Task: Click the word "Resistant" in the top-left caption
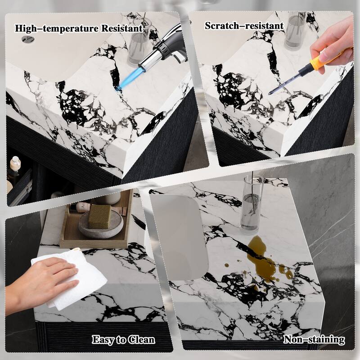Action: (122, 28)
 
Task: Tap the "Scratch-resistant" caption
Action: (244, 26)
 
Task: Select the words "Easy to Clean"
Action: (123, 340)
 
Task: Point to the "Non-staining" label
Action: (314, 339)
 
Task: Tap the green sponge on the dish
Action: (99, 216)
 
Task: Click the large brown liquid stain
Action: (264, 260)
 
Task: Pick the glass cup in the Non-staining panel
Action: (252, 204)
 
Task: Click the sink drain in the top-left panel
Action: (28, 39)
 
